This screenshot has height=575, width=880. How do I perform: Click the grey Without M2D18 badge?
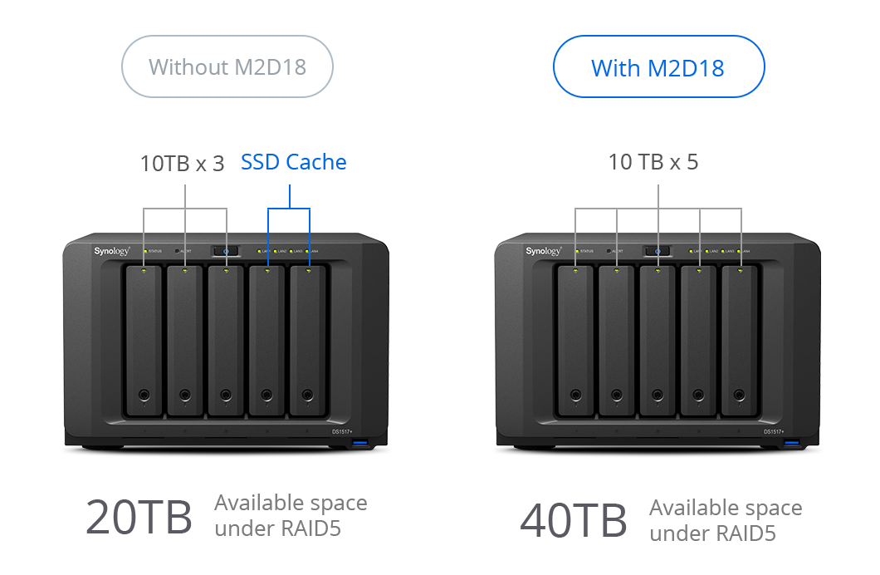pyautogui.click(x=227, y=66)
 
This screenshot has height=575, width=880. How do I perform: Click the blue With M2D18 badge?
pyautogui.click(x=658, y=66)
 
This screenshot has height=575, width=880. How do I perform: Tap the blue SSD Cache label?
pyautogui.click(x=293, y=162)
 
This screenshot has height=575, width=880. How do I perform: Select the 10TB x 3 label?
pyautogui.click(x=183, y=163)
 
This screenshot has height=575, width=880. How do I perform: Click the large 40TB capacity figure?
pyautogui.click(x=573, y=522)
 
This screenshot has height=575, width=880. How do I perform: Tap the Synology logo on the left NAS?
pyautogui.click(x=112, y=250)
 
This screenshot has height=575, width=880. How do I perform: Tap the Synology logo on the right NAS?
pyautogui.click(x=544, y=250)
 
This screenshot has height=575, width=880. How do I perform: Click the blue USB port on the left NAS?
pyautogui.click(x=359, y=449)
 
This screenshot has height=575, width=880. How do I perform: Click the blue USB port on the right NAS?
pyautogui.click(x=790, y=449)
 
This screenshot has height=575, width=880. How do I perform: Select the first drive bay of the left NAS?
pyautogui.click(x=144, y=341)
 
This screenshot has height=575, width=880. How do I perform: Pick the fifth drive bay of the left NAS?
pyautogui.click(x=308, y=341)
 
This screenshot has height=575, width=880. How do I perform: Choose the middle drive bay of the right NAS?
pyautogui.click(x=658, y=341)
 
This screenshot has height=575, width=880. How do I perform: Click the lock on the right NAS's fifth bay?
pyautogui.click(x=739, y=396)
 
